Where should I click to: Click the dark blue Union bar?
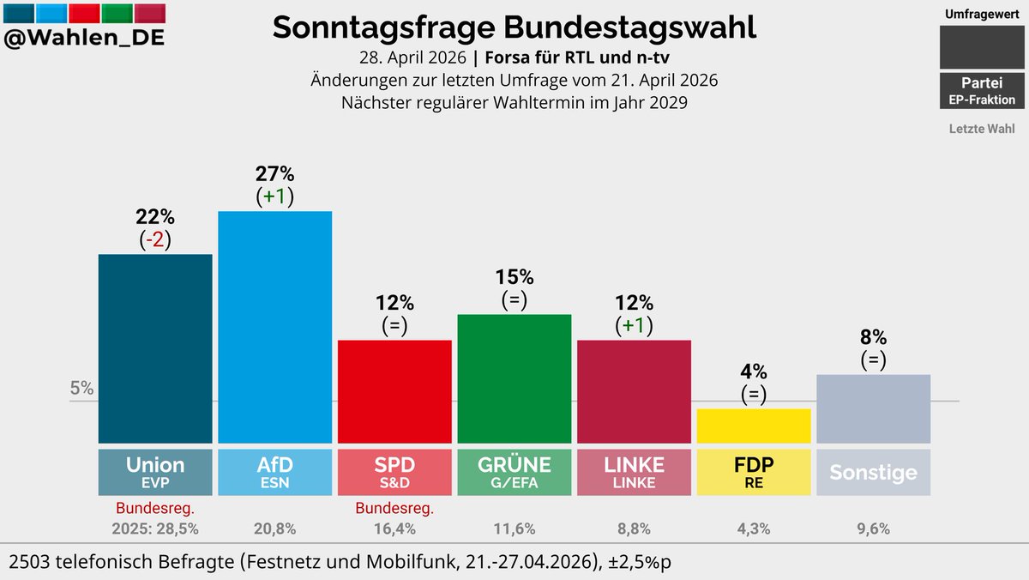[x=155, y=347]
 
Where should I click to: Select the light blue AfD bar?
[x=274, y=326]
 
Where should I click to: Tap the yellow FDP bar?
[x=754, y=426]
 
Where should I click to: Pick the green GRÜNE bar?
[x=514, y=378]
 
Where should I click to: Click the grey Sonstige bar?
[x=873, y=408]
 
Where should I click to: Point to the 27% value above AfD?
[x=274, y=173]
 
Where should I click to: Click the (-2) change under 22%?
[x=155, y=240]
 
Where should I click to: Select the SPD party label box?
[x=394, y=472]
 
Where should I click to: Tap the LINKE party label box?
[x=634, y=472]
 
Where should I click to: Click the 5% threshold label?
[x=81, y=388]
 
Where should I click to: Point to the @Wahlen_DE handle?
[x=84, y=39]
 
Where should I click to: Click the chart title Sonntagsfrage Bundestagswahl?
[x=514, y=27]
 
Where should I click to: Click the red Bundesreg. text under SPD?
[x=394, y=508]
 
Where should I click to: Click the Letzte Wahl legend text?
[x=982, y=129]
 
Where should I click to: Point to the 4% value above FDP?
[x=754, y=372]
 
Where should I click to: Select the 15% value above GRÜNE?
[x=514, y=277]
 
